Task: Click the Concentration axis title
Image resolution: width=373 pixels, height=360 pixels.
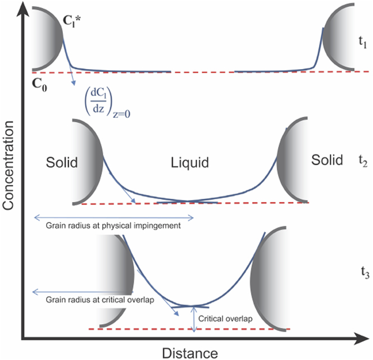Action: (x=8, y=165)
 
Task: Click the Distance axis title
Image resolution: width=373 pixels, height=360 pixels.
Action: (x=190, y=353)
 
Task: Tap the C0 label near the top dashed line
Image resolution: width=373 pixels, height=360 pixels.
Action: (x=39, y=85)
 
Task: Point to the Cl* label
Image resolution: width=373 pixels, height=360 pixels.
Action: (x=71, y=21)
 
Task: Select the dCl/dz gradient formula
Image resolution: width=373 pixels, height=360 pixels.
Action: (x=108, y=104)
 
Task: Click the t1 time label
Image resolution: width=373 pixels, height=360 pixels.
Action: (x=363, y=42)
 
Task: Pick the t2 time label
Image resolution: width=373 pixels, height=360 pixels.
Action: (x=363, y=161)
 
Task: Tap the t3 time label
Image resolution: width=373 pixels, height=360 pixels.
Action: (x=365, y=272)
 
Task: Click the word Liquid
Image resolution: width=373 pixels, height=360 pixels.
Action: (x=190, y=163)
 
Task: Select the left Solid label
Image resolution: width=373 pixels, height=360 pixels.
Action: (x=62, y=162)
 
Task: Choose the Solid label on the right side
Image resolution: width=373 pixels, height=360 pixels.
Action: (x=327, y=160)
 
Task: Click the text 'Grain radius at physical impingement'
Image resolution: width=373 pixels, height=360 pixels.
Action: (x=113, y=225)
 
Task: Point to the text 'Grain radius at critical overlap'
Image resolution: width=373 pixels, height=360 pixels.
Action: (x=100, y=299)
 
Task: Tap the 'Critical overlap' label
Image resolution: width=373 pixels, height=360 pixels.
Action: (x=225, y=318)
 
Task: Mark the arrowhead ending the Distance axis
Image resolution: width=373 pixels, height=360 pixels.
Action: (x=362, y=339)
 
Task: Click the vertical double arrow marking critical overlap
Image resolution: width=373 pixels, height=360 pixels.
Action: (x=194, y=318)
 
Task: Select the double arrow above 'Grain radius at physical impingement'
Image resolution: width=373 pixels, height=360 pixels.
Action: (x=114, y=217)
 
